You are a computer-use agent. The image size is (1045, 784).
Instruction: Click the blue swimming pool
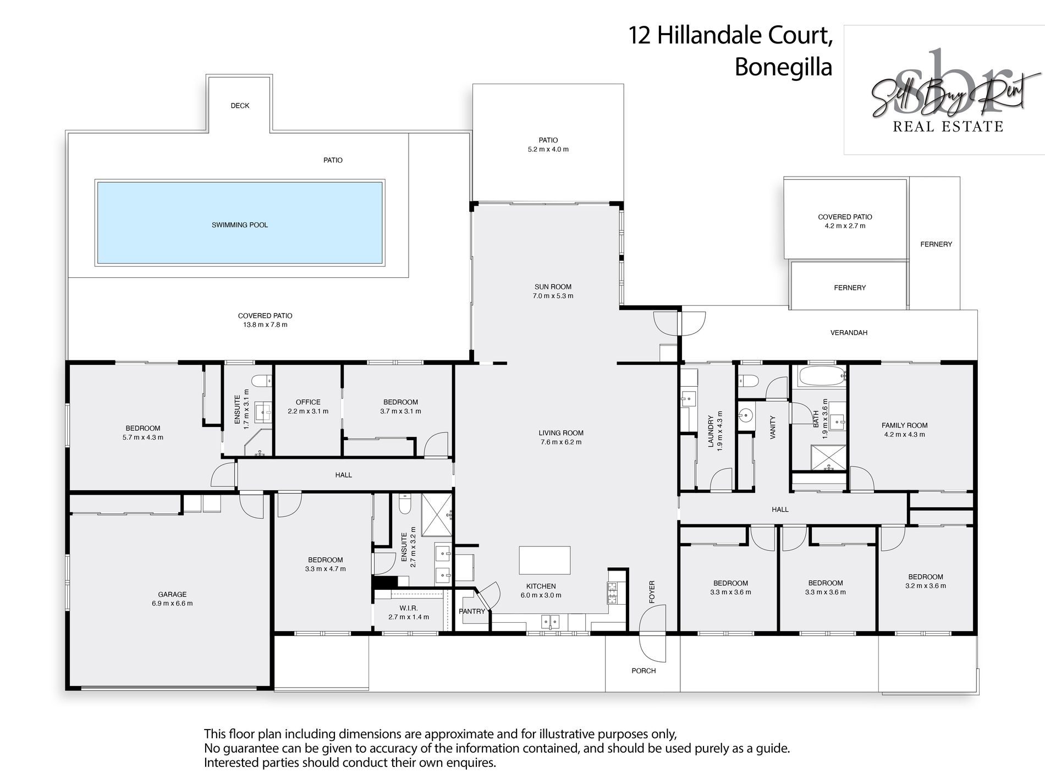pyautogui.click(x=240, y=223)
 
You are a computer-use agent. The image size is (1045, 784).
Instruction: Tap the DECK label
pyautogui.click(x=240, y=106)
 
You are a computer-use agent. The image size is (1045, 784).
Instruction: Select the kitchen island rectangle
pyautogui.click(x=544, y=561)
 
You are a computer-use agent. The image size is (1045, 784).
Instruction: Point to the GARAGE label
pyautogui.click(x=172, y=594)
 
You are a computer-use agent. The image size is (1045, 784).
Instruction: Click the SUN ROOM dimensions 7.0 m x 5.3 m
pyautogui.click(x=553, y=296)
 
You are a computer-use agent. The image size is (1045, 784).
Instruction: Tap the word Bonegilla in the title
pyautogui.click(x=783, y=68)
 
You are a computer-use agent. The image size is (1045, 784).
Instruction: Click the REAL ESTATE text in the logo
pyautogui.click(x=948, y=127)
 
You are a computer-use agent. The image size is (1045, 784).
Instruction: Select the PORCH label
pyautogui.click(x=643, y=671)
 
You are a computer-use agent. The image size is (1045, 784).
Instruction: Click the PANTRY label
pyautogui.click(x=472, y=611)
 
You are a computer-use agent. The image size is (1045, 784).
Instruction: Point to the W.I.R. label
pyautogui.click(x=408, y=608)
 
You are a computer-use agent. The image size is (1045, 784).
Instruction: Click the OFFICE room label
pyautogui.click(x=308, y=402)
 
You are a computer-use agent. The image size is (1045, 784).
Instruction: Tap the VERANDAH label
pyautogui.click(x=849, y=333)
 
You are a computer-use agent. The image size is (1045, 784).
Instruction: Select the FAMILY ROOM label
pyautogui.click(x=904, y=425)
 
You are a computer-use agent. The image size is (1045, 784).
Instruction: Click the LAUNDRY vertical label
pyautogui.click(x=711, y=432)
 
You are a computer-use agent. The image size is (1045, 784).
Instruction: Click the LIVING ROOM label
pyautogui.click(x=561, y=433)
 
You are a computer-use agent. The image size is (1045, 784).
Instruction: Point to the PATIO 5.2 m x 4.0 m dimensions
pyautogui.click(x=548, y=149)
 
